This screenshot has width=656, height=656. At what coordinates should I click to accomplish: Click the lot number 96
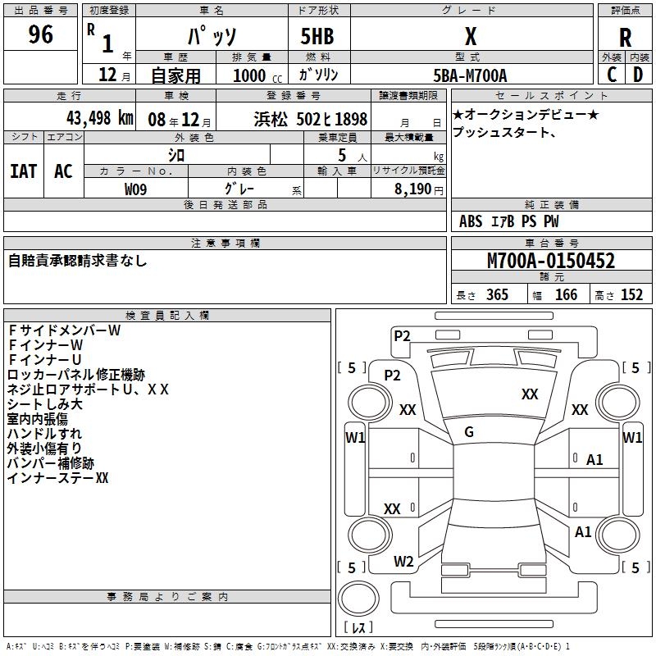click(x=41, y=34)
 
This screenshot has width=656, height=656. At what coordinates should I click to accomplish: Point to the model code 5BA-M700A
click(x=470, y=75)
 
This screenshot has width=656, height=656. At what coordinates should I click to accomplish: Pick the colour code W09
click(x=135, y=189)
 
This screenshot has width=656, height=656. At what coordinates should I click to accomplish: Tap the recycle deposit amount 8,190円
click(x=418, y=189)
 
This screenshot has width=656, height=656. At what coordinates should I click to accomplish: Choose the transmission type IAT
click(x=23, y=171)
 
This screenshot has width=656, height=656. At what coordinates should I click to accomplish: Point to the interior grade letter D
click(x=637, y=74)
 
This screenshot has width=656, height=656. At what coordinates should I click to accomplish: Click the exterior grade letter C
click(x=612, y=74)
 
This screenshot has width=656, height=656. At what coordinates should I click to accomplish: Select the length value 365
click(x=497, y=295)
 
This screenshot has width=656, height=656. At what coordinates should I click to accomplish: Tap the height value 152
click(x=631, y=295)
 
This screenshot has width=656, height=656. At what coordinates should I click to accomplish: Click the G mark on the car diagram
click(x=469, y=432)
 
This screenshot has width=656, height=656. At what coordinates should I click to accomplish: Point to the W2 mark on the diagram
click(x=403, y=562)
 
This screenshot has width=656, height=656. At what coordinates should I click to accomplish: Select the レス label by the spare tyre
click(x=358, y=628)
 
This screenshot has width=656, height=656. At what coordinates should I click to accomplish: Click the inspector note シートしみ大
click(x=44, y=404)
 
